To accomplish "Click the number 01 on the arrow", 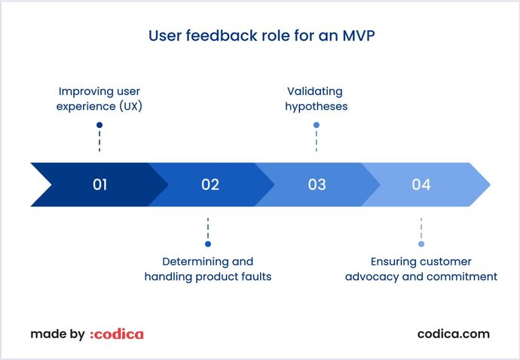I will [x=99, y=185].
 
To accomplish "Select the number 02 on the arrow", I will [x=210, y=185].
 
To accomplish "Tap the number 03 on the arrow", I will [x=317, y=185].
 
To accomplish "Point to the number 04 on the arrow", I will [x=421, y=185].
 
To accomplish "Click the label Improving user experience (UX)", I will [x=99, y=99].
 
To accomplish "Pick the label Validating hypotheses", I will [x=316, y=99].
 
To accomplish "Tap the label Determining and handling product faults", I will [x=208, y=269].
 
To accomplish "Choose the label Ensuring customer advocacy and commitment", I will [x=421, y=269].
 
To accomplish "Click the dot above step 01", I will [x=99, y=125].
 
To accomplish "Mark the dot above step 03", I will [x=317, y=125].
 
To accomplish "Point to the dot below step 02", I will [x=208, y=244].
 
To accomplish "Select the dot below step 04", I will [x=421, y=244].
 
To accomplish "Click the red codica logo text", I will [x=116, y=334].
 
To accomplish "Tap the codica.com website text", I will [x=453, y=334].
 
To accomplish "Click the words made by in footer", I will [x=57, y=334].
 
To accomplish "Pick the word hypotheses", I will [x=316, y=106].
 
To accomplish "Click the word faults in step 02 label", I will [x=256, y=276].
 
